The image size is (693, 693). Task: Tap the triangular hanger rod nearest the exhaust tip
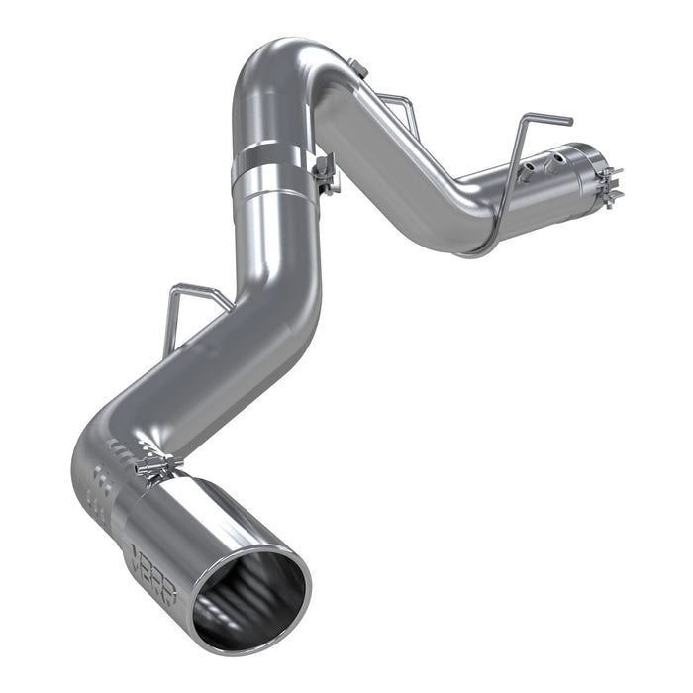point(193,302)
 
